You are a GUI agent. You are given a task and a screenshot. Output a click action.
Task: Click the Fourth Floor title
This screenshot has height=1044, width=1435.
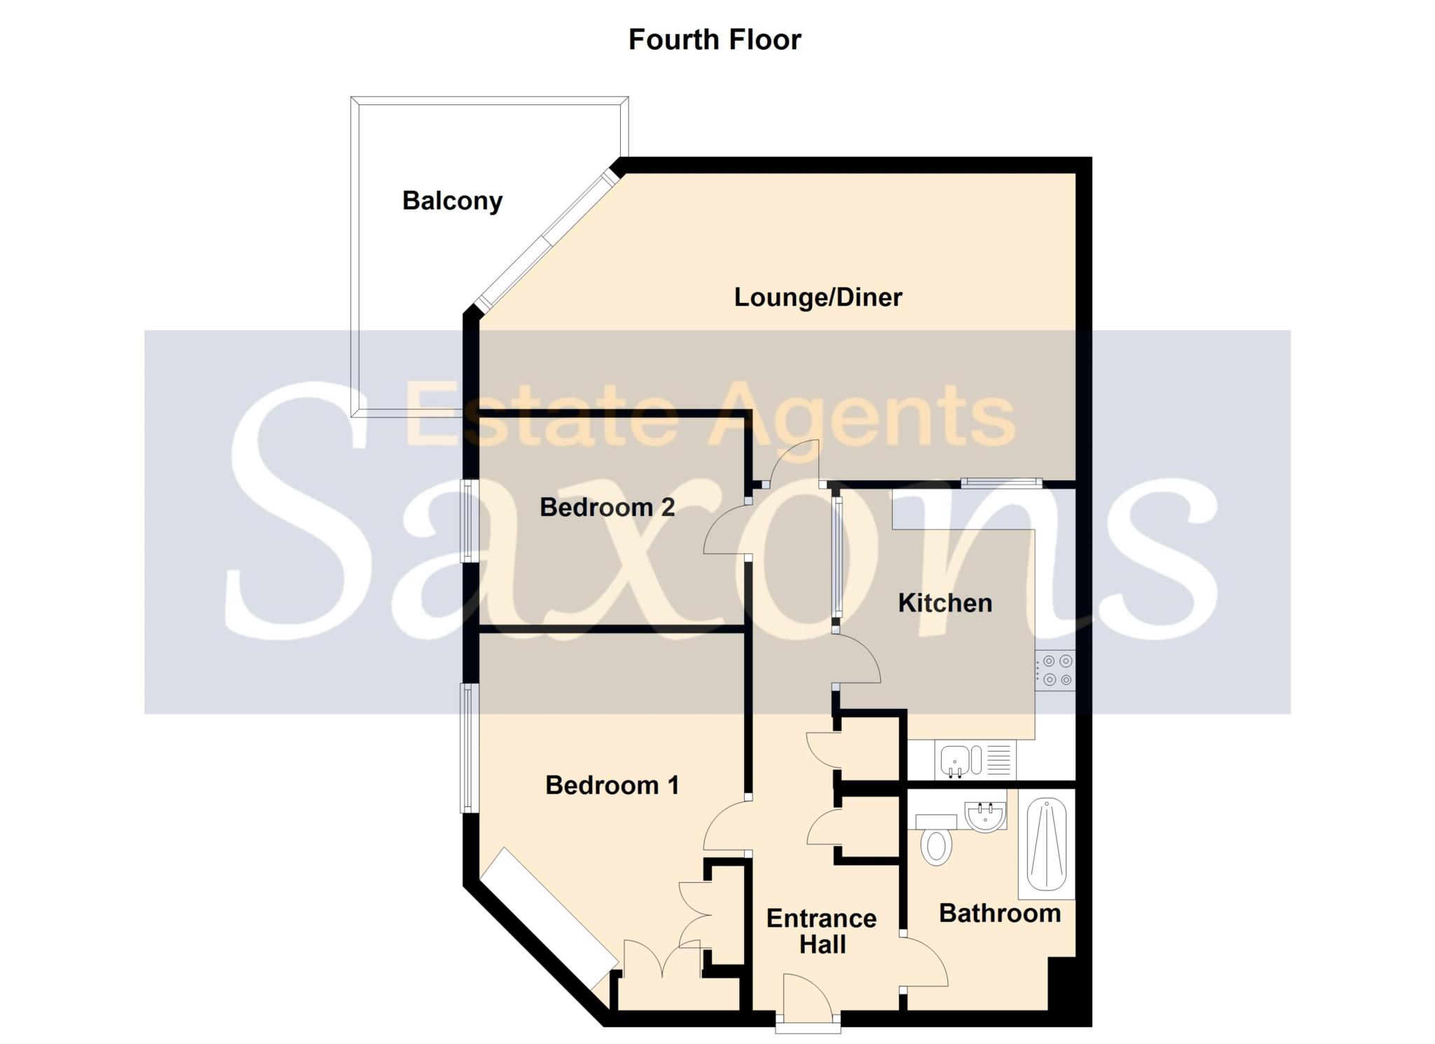[x=714, y=39]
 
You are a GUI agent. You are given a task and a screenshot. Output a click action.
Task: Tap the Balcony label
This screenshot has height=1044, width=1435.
[x=452, y=201]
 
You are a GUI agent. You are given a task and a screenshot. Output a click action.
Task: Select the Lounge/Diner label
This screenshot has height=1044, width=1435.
[x=818, y=297]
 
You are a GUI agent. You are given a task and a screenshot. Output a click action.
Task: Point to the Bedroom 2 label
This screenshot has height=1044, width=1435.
[x=607, y=507]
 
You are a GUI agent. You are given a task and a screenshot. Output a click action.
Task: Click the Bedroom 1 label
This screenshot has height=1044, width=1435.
[x=612, y=785]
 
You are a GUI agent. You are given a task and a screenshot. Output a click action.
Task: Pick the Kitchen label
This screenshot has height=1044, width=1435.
[x=945, y=603]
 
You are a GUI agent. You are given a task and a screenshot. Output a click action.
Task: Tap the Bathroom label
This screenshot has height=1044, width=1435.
[x=999, y=913]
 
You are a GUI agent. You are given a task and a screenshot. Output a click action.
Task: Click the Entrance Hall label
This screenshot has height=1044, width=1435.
[x=821, y=931]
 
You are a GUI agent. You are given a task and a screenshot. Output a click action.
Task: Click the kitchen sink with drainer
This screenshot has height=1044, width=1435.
[x=974, y=761]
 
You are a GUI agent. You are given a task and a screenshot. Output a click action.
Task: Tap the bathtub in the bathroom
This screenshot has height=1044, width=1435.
[x=1047, y=844]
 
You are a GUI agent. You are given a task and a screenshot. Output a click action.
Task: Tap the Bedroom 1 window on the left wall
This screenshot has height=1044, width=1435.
[x=466, y=748]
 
